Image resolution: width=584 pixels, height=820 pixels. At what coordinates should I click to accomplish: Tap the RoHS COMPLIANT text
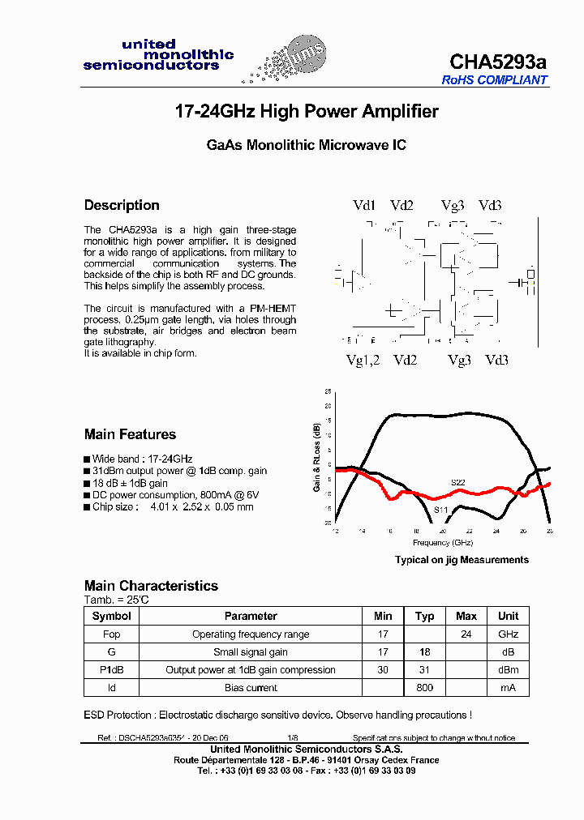coord(495,80)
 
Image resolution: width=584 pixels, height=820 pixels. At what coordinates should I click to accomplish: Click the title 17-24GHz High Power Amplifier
coord(307,112)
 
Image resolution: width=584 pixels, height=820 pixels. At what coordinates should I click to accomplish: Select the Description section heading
coord(122,205)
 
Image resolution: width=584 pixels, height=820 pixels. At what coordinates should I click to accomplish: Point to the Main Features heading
coord(130,434)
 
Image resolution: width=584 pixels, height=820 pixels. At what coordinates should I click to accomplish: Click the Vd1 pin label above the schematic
coord(364,206)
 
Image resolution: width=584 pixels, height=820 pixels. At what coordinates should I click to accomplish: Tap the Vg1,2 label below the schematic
coord(363,360)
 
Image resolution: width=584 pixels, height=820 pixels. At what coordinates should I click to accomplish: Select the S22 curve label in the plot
coord(458,482)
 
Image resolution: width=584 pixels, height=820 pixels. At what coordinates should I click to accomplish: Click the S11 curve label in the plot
coord(440,509)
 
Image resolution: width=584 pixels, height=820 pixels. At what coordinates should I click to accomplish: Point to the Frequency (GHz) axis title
coord(442,542)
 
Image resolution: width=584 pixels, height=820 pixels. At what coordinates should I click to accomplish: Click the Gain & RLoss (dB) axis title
coord(317,458)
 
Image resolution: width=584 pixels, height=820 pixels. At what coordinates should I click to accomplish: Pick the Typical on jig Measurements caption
coord(462,560)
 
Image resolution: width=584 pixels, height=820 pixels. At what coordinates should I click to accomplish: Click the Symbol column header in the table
coord(111,616)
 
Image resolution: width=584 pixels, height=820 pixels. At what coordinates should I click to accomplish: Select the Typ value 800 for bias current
coord(424,687)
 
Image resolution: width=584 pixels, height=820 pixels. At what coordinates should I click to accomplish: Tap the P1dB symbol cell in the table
coord(111,669)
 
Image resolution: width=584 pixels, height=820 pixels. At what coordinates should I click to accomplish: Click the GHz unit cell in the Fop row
coord(508,634)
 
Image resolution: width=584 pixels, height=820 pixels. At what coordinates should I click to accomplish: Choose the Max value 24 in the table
coord(466,634)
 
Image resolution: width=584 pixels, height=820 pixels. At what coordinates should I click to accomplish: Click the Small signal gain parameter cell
coord(251,651)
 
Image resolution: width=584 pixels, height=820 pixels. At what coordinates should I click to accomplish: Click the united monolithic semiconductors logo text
coord(158,55)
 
